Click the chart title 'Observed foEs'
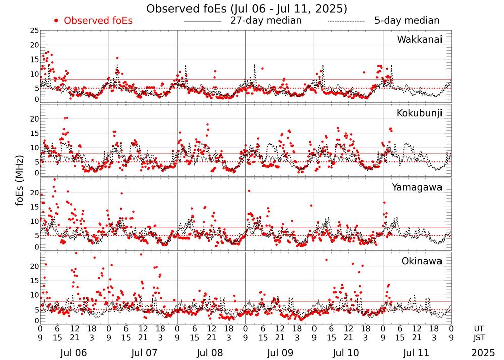coord(246,9)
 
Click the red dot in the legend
coord(56,21)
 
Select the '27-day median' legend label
coord(266,21)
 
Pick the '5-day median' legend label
coord(407,21)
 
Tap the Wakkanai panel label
coord(419,40)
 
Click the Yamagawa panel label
coord(417,187)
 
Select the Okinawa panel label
coord(422,261)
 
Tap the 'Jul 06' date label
coord(74,351)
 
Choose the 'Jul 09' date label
coord(279,351)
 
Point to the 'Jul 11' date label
coord(416,351)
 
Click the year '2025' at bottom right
coord(483,351)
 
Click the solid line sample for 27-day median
coord(203,21)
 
